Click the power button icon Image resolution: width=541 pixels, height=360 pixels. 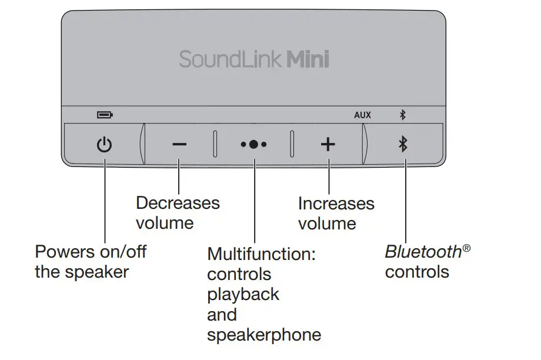pos(104,144)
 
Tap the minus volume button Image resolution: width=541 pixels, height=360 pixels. pos(180,144)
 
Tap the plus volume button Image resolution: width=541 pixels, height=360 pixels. pos(328,144)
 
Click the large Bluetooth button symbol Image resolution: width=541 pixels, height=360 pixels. pos(403,144)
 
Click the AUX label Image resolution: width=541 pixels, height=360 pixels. pos(362,115)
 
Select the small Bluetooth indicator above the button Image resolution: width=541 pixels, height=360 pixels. pos(403,115)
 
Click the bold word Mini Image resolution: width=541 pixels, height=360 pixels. pos(308,60)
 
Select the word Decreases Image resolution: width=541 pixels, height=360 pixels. pos(178,203)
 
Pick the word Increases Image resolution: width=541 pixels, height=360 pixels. pos(336,204)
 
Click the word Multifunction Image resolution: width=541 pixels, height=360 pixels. pos(262,255)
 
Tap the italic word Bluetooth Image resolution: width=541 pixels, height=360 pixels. pos(423,252)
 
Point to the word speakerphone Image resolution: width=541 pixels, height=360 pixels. pos(264,335)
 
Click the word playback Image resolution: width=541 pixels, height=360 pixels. pos(243,295)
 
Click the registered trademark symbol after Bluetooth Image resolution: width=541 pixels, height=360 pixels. pos(466,248)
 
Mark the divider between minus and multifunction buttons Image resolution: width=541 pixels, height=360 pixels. pos(215,144)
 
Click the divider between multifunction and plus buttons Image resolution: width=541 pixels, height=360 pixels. pos(292,144)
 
